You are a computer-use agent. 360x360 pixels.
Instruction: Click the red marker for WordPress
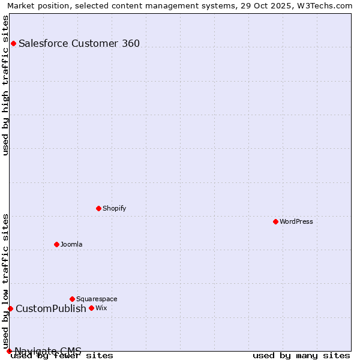point(275,221)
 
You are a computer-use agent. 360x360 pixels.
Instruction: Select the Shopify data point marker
point(98,208)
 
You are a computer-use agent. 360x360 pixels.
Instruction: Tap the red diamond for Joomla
point(56,244)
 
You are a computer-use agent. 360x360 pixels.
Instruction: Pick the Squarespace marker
point(72,299)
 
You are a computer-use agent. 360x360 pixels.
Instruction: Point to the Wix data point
point(91,308)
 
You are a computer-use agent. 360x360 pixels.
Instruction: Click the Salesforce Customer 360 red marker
point(13,43)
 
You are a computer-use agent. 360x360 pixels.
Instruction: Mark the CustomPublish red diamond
point(10,308)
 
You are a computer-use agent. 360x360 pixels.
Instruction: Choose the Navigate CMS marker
point(9,351)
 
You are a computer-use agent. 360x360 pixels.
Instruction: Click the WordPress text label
point(296,221)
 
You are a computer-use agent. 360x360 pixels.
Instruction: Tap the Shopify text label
point(114,208)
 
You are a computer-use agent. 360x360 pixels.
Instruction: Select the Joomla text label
point(71,244)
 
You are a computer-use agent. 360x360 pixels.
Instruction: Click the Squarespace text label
point(97,299)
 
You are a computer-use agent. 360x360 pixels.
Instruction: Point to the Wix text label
point(101,308)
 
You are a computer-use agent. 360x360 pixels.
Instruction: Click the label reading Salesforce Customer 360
point(79,43)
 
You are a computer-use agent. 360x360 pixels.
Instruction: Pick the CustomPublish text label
point(51,308)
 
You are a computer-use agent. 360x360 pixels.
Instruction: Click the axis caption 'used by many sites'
point(301,355)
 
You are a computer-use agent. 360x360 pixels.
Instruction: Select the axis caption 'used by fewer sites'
point(62,355)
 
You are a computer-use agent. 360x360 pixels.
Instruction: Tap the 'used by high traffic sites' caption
point(6,85)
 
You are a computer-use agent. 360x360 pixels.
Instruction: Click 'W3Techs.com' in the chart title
point(328,5)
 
